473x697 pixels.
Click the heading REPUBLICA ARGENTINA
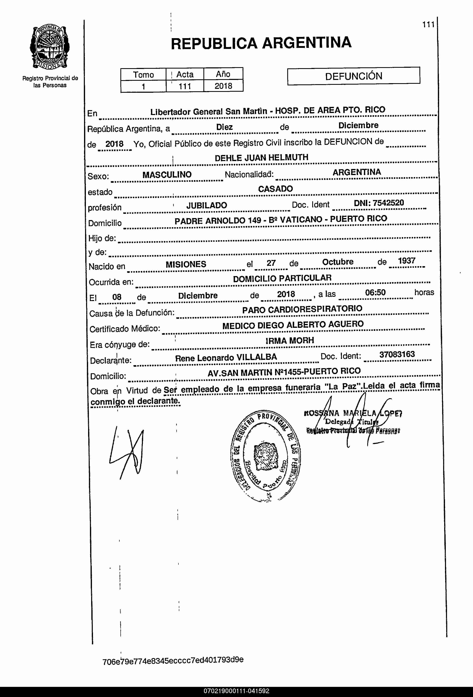tap(261, 43)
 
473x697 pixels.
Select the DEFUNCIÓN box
tap(354, 76)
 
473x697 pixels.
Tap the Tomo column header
tap(144, 75)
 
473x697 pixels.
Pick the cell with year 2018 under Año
tap(223, 86)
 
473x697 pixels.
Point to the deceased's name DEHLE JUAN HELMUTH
tap(261, 157)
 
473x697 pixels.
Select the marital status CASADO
tap(275, 189)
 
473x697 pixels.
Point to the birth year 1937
tap(406, 261)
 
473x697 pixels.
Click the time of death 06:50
tap(375, 293)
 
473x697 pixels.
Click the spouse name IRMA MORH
tap(290, 341)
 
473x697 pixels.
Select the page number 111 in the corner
tap(428, 25)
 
